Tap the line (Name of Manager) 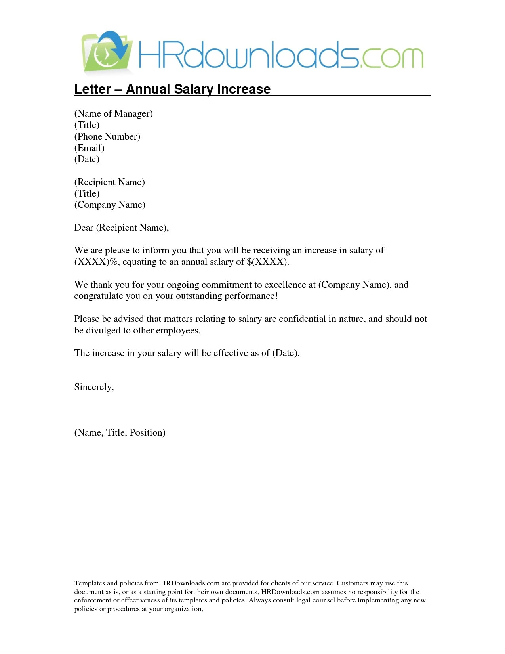pos(113,114)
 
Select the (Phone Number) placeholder pos(107,137)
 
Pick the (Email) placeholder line pos(90,148)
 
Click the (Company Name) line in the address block pos(110,205)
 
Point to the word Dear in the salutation pos(84,228)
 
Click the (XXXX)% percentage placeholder pos(96,262)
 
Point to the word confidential pos(302,319)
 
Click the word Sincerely pos(94,387)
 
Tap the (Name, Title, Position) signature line pos(120,433)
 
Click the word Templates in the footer pos(90,583)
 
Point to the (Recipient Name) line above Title pos(110,182)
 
